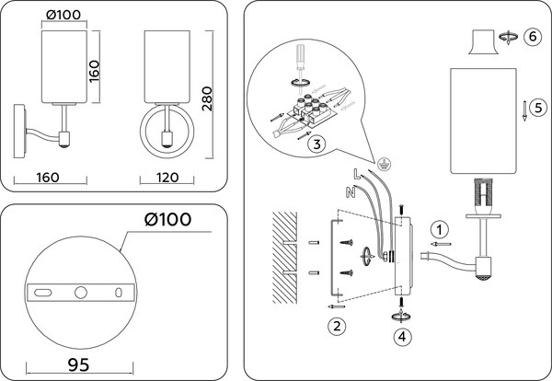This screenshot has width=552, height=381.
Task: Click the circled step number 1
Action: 441,228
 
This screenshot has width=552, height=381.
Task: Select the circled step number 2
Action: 338,324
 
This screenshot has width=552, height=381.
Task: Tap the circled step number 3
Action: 315,144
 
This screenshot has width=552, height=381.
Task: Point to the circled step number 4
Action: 402,337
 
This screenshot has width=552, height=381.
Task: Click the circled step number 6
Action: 533,36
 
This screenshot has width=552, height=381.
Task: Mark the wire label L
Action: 356,173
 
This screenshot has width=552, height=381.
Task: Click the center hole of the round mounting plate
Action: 81,292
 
